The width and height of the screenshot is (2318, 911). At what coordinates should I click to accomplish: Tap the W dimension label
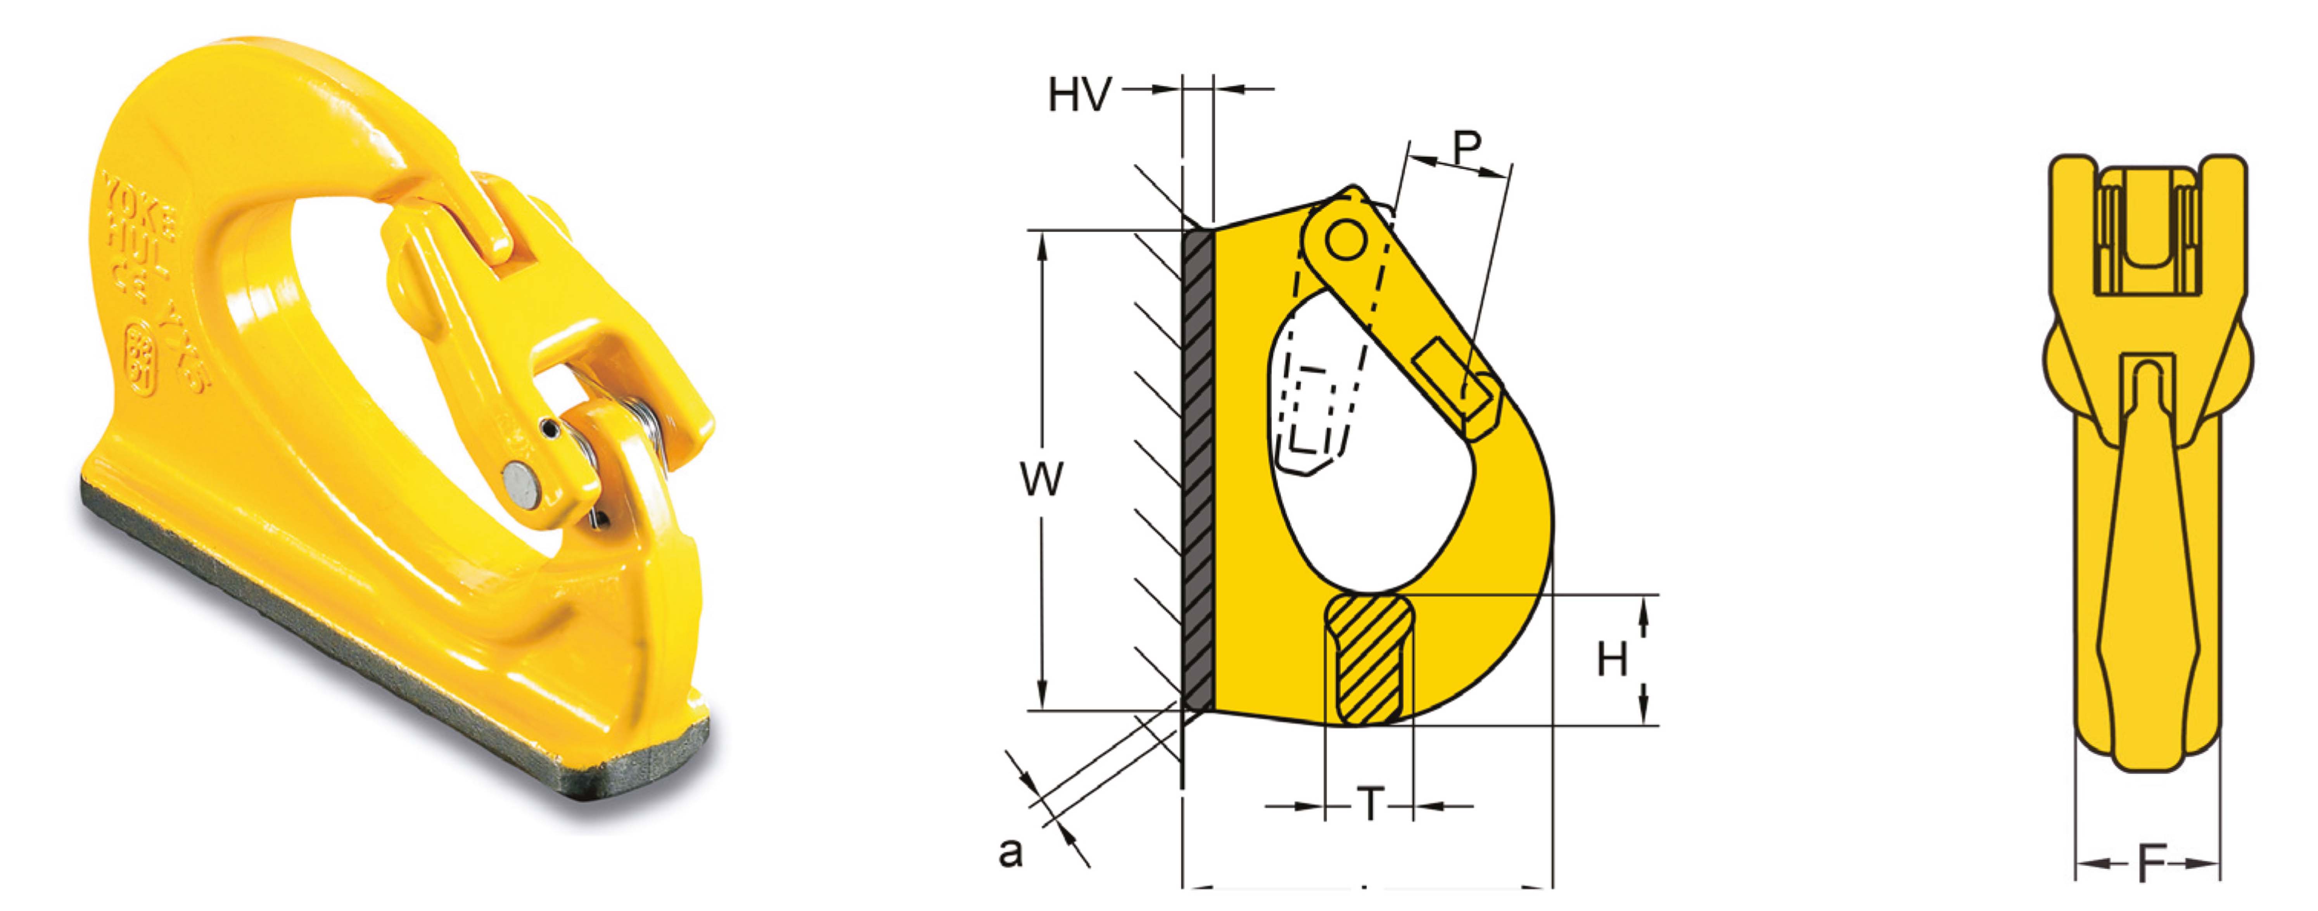1042,479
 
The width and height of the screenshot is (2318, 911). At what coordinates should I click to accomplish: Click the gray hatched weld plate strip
1198,468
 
